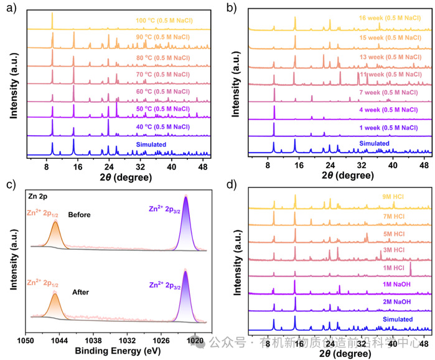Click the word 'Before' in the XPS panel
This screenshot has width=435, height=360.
coord(80,215)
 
